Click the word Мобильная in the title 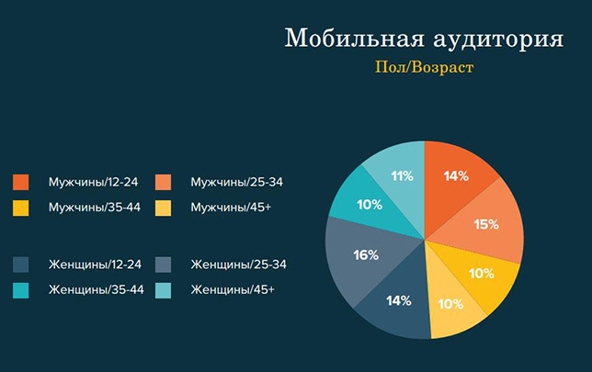click(x=355, y=38)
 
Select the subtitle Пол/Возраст click(x=424, y=68)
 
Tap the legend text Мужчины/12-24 click(x=93, y=182)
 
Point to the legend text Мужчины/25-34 click(x=237, y=182)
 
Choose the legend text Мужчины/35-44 click(x=95, y=208)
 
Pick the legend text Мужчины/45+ click(x=231, y=208)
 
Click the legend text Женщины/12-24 click(x=95, y=265)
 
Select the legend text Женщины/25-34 click(x=239, y=265)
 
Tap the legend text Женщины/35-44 click(x=97, y=289)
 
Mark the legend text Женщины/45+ click(x=233, y=289)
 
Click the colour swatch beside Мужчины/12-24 click(x=21, y=182)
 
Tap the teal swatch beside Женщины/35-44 click(x=21, y=290)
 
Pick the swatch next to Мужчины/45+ click(x=163, y=208)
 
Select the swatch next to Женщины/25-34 click(x=163, y=265)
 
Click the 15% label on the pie click(x=486, y=224)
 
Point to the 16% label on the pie click(x=366, y=255)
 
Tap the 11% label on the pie click(x=402, y=175)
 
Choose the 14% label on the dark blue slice click(x=399, y=300)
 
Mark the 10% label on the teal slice click(x=370, y=205)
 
